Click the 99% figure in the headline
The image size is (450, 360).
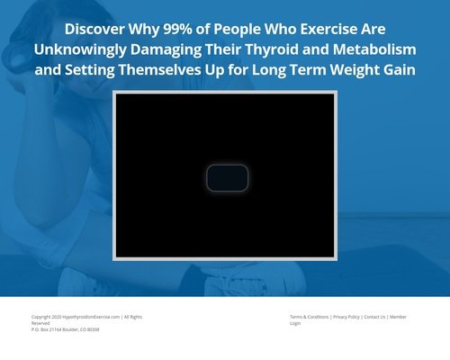177,29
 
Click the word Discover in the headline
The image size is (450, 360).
94,29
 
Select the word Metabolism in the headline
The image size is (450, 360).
374,49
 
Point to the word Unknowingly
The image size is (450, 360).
80,49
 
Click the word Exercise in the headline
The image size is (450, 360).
328,29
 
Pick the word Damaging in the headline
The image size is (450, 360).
166,49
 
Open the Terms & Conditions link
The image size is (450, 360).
309,317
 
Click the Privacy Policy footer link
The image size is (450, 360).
346,317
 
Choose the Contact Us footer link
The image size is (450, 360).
374,317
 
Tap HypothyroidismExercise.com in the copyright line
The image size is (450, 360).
91,317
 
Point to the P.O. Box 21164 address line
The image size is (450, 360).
66,329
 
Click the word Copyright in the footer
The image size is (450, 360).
41,317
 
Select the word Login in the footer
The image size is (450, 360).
295,323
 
